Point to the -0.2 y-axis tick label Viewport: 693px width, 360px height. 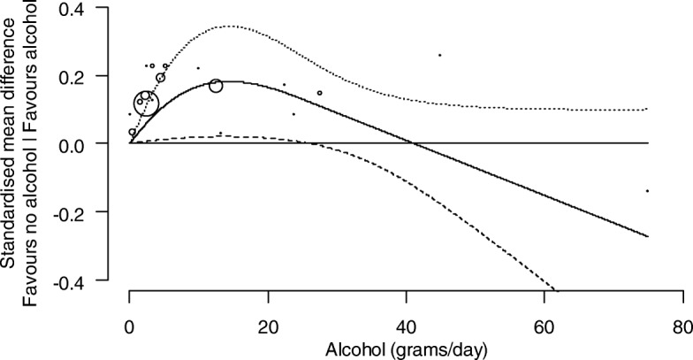coord(84,212)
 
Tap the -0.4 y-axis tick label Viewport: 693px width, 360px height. coord(84,280)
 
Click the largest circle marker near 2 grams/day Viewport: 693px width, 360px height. coord(146,104)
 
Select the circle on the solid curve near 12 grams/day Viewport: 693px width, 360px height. coord(216,86)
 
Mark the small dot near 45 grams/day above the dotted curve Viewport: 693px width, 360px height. coord(440,55)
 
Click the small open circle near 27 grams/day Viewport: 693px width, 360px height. coord(319,93)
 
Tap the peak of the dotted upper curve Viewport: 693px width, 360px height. coord(230,27)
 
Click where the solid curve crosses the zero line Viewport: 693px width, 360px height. coord(411,143)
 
